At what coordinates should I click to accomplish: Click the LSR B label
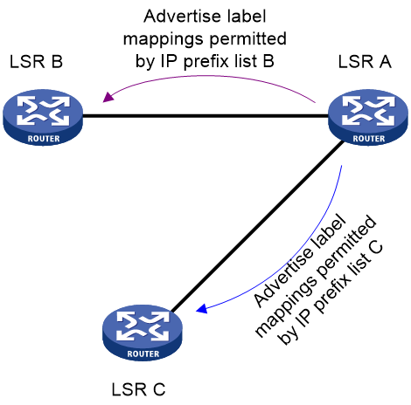pyautogui.click(x=36, y=62)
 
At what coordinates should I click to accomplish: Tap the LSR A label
pyautogui.click(x=365, y=62)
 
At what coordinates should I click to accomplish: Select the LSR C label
pyautogui.click(x=138, y=389)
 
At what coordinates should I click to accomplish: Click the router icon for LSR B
pyautogui.click(x=43, y=117)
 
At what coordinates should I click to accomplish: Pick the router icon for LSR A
pyautogui.click(x=368, y=117)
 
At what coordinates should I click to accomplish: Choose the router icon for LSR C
pyautogui.click(x=143, y=333)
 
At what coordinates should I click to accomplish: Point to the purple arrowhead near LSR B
pyautogui.click(x=108, y=97)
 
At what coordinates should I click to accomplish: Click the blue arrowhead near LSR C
pyautogui.click(x=202, y=309)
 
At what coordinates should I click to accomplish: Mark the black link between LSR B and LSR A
pyautogui.click(x=205, y=116)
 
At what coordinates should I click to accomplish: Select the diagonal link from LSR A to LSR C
pyautogui.click(x=257, y=227)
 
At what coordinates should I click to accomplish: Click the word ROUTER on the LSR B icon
pyautogui.click(x=44, y=139)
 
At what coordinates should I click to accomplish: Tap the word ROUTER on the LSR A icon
pyautogui.click(x=369, y=139)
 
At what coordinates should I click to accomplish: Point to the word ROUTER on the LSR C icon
pyautogui.click(x=143, y=354)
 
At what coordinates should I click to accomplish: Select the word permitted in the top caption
pyautogui.click(x=248, y=39)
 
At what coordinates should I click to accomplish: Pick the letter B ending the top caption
pyautogui.click(x=268, y=61)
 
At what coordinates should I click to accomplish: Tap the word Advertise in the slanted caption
pyautogui.click(x=282, y=278)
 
